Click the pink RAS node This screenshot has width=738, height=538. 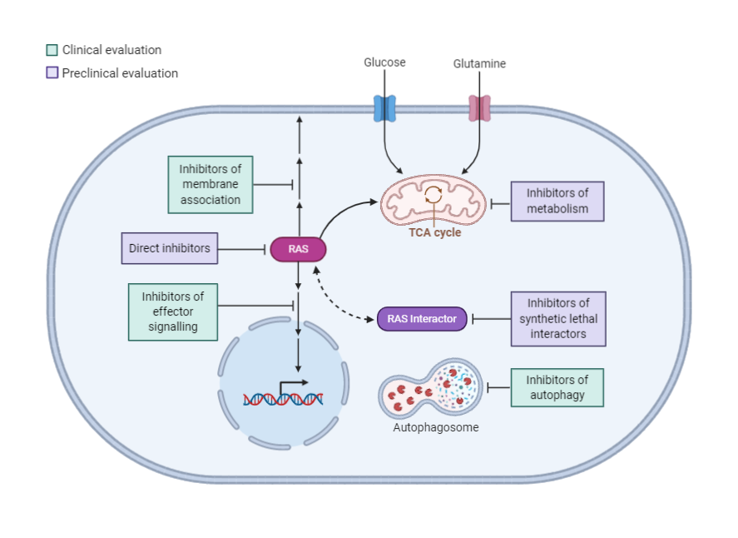(x=298, y=249)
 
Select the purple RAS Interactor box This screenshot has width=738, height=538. (x=422, y=319)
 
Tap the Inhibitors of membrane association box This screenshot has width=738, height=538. (x=210, y=184)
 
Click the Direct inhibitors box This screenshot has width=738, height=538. (x=170, y=248)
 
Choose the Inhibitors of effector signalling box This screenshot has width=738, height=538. (x=172, y=311)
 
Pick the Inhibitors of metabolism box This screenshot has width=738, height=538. (x=557, y=201)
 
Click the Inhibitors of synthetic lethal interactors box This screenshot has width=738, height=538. (x=557, y=318)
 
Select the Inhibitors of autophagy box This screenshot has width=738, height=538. (x=557, y=387)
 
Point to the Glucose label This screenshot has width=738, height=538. (x=384, y=62)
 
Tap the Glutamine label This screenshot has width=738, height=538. (x=479, y=63)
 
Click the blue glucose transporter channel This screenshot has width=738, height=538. (x=384, y=108)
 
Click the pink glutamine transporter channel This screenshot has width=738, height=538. (x=479, y=108)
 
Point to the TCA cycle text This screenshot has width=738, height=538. (x=434, y=233)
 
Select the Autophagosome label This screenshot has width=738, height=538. (x=436, y=428)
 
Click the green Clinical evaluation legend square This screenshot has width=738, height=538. (x=52, y=50)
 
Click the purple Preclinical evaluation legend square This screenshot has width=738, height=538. (x=52, y=72)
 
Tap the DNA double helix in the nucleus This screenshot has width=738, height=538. (x=283, y=399)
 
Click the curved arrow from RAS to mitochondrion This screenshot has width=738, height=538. (x=341, y=215)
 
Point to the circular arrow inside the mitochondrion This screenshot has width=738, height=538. (x=433, y=197)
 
